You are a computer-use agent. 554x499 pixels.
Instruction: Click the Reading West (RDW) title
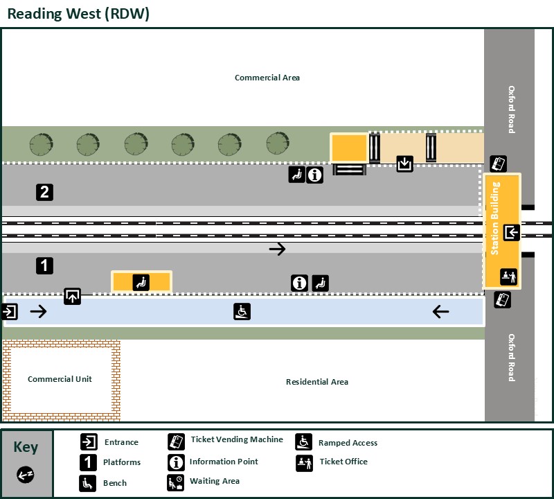pos(78,13)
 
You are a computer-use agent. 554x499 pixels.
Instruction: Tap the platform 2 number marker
pos(44,192)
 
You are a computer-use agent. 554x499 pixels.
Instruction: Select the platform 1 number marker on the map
pos(44,265)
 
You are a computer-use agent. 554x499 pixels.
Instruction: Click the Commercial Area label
pos(267,78)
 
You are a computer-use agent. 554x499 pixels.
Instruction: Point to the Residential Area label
pos(317,382)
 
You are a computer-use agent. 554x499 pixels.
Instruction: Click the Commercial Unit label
pos(60,379)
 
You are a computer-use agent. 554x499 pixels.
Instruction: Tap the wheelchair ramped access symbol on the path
pos(242,311)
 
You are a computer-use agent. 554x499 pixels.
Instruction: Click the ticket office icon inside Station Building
pos(509,277)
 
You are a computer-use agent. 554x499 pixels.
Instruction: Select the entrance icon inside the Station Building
pos(512,232)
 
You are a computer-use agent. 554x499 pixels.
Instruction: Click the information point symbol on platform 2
pos(315,175)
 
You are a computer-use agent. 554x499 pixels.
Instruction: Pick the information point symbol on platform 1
pos(299,283)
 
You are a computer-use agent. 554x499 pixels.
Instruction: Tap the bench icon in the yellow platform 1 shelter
pos(141,282)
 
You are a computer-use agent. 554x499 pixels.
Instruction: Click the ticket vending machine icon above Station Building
pos(499,164)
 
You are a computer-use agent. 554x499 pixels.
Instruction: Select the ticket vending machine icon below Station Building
pos(503,300)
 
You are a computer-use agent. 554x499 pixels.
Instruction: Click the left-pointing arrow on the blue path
pos(440,312)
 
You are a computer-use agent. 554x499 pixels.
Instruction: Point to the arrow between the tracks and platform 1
pos(277,249)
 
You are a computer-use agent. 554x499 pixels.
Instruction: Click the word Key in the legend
pos(26,447)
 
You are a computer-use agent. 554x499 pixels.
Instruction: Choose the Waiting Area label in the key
pos(215,481)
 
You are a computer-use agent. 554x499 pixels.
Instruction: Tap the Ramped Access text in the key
pos(348,443)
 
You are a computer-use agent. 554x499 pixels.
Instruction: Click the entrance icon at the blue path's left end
pos(10,312)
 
